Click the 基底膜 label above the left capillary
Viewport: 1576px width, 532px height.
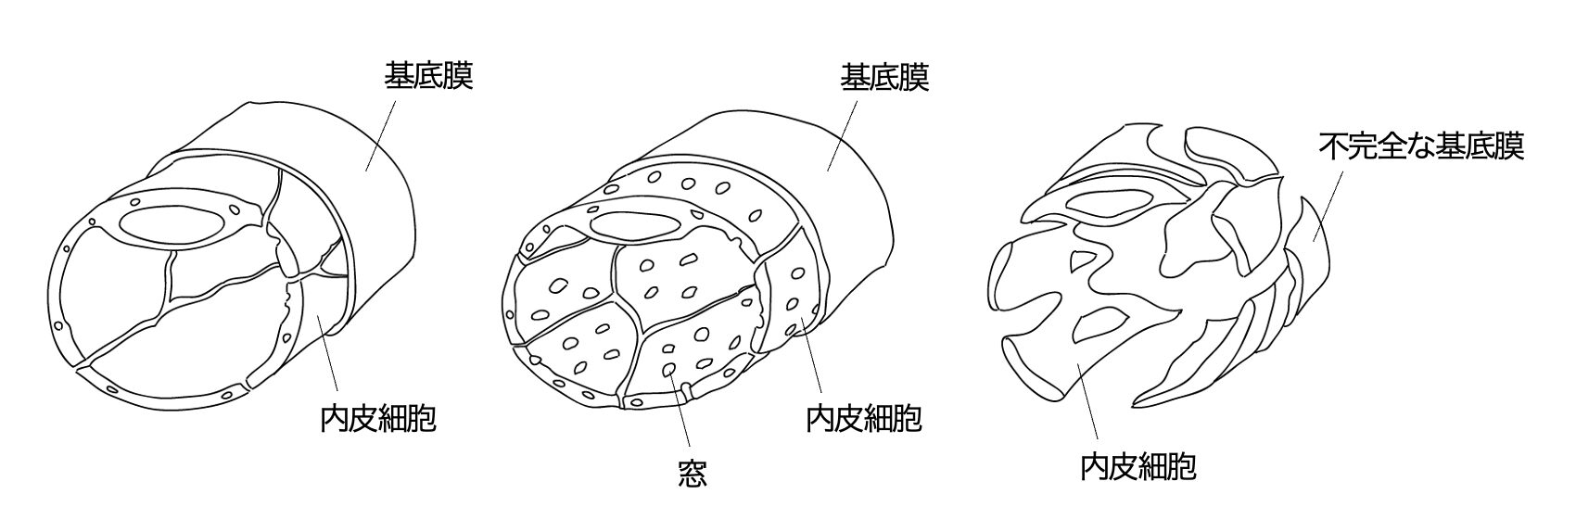[428, 76]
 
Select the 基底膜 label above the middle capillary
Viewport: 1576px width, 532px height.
[884, 78]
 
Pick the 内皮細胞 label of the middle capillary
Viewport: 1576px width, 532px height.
[863, 419]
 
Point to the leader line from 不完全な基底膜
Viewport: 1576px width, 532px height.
[1328, 207]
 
